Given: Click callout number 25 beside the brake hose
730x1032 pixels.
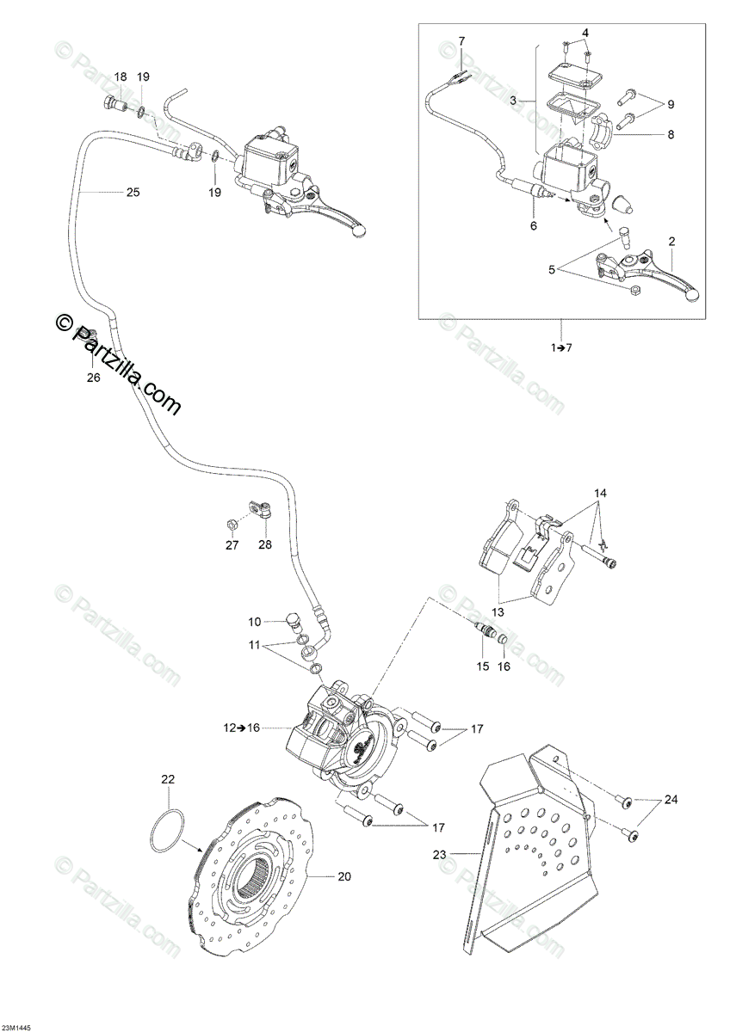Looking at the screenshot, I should pos(132,192).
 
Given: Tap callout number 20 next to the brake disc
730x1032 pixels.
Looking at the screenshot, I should pos(343,877).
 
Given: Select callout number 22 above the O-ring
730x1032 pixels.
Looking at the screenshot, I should pos(168,779).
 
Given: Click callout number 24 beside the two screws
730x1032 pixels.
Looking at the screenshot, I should pos(671,800).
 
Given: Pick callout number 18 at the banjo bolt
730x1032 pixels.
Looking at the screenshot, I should pos(120,77).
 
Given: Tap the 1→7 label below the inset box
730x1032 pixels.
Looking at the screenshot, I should pos(560,347).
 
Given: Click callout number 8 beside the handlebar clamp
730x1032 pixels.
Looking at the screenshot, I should pos(671,134).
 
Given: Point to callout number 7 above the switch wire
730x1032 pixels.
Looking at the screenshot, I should pos(461,41).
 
